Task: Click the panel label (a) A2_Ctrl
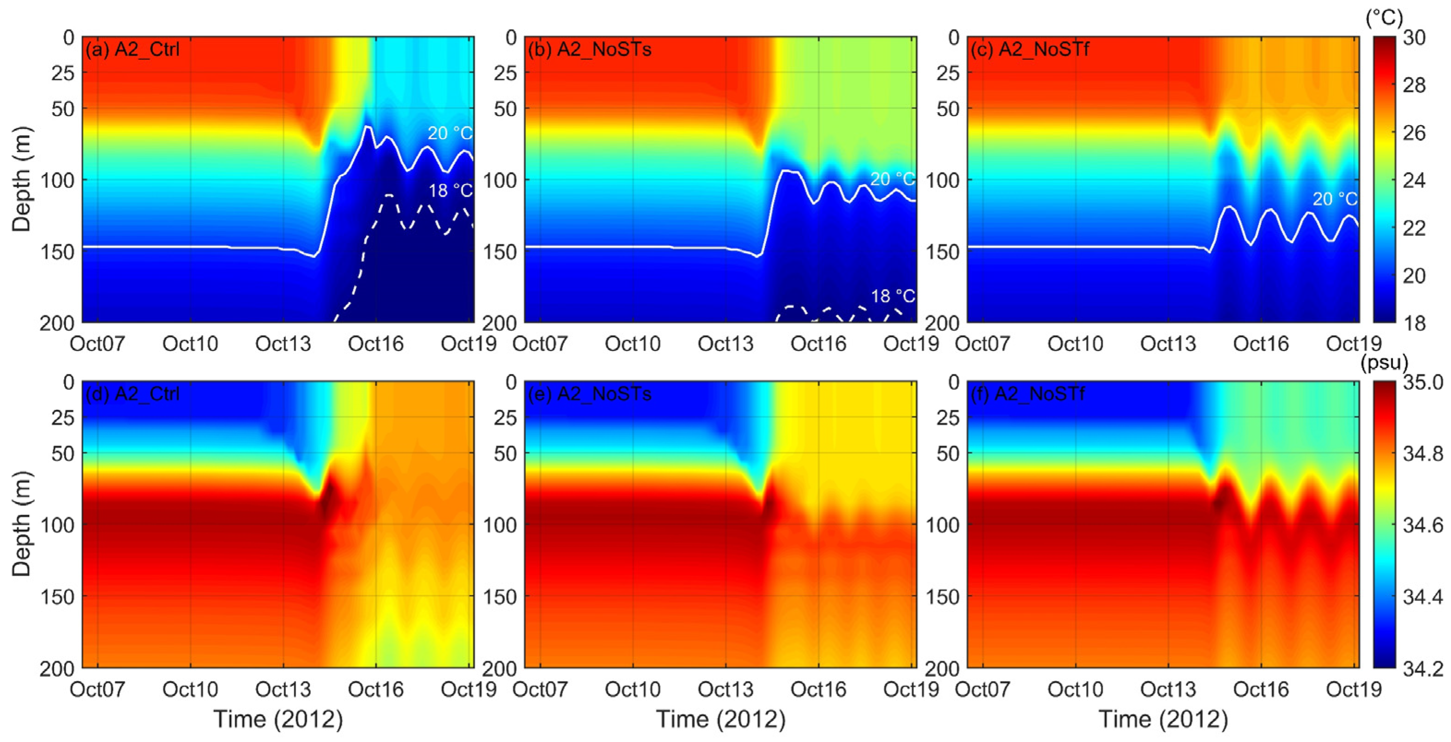(133, 49)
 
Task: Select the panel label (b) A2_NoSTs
(589, 49)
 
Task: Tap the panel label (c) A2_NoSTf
(1030, 49)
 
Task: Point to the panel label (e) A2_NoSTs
(589, 394)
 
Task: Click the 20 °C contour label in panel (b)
(893, 180)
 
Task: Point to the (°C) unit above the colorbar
(1384, 18)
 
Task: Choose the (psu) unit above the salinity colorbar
(1384, 363)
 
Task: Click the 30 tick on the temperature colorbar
(1414, 38)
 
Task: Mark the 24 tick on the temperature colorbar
(1414, 181)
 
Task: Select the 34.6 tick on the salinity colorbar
(1423, 525)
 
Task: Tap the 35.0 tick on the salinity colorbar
(1423, 383)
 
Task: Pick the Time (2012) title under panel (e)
(720, 719)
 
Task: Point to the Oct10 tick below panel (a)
(190, 344)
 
